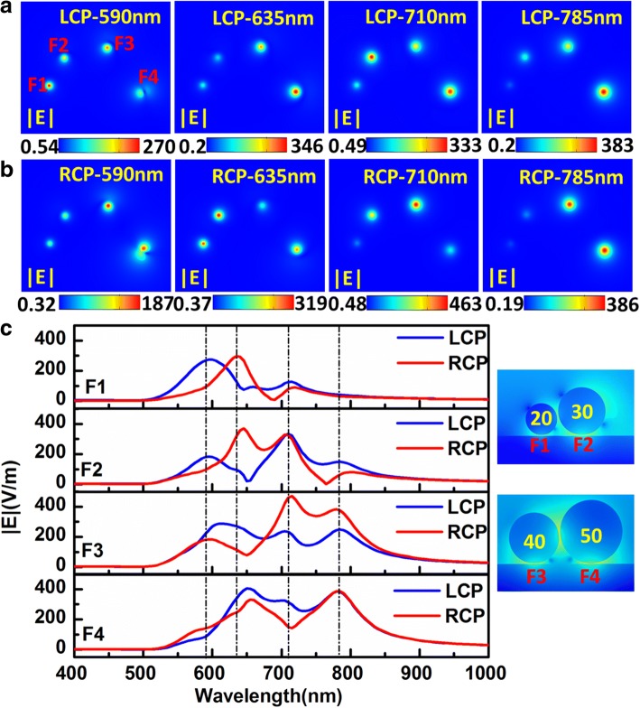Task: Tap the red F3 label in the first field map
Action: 125,42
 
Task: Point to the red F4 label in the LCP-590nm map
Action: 148,78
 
